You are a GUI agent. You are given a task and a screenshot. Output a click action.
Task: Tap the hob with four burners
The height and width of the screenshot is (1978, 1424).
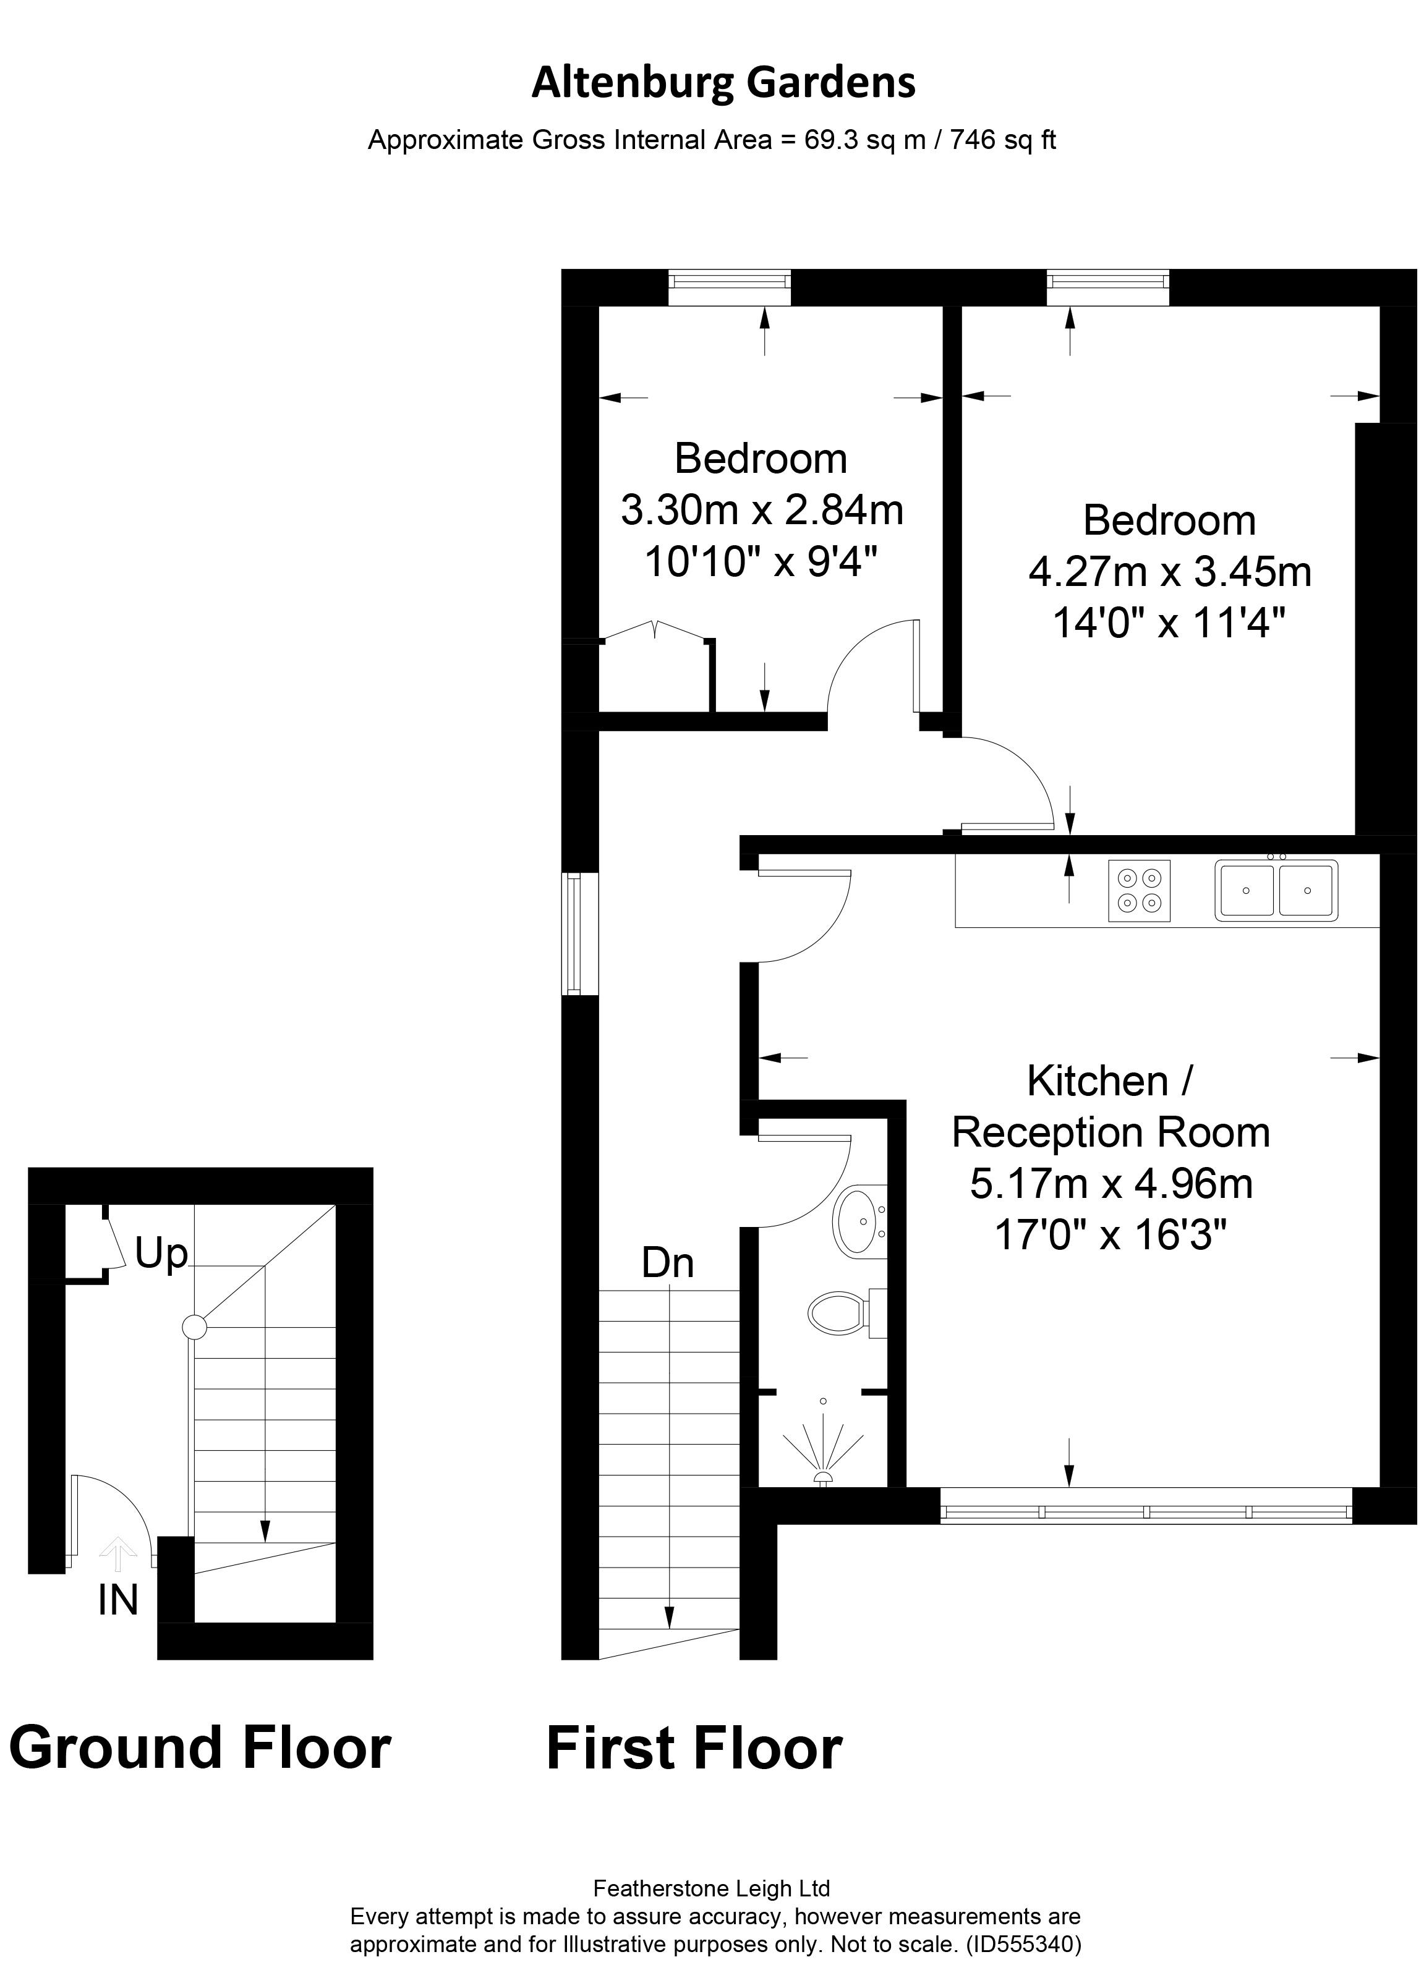pyautogui.click(x=1139, y=891)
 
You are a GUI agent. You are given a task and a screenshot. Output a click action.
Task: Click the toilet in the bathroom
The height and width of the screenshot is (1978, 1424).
pyautogui.click(x=846, y=1312)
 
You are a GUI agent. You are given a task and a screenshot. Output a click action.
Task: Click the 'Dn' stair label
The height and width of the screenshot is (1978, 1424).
pyautogui.click(x=668, y=1263)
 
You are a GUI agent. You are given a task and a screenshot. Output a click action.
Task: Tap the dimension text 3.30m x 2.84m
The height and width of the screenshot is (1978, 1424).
pyautogui.click(x=761, y=510)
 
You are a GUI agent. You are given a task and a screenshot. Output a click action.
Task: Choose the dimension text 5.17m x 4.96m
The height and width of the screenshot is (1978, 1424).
pyautogui.click(x=1111, y=1184)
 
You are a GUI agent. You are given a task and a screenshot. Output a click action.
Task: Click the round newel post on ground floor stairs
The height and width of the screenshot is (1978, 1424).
pyautogui.click(x=194, y=1327)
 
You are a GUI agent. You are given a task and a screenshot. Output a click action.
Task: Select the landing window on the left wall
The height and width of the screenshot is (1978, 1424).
pyautogui.click(x=580, y=933)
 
